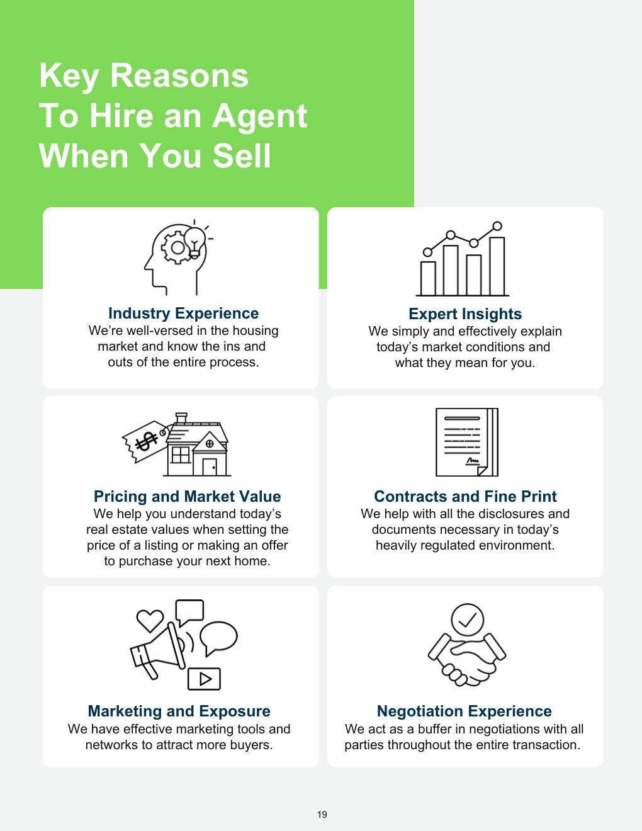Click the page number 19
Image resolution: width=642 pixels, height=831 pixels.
click(322, 814)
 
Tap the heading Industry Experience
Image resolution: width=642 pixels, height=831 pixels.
click(184, 314)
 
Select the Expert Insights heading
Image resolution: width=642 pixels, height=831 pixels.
click(465, 314)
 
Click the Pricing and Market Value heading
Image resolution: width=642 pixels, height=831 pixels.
click(188, 496)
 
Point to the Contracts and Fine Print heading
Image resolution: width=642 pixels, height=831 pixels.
click(465, 496)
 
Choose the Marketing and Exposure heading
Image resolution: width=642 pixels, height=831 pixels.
click(179, 711)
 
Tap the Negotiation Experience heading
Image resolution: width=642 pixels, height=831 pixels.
click(465, 711)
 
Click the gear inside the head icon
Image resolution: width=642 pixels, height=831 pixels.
click(177, 248)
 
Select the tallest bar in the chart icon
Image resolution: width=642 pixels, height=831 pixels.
click(497, 266)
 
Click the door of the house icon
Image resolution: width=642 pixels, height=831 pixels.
click(210, 467)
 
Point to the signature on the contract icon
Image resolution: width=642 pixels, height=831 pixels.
click(473, 461)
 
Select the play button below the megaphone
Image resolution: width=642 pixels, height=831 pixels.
click(204, 679)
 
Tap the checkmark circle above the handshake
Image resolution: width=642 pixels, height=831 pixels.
click(467, 620)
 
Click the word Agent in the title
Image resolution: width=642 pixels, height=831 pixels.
click(259, 116)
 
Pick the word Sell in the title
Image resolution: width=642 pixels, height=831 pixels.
click(242, 155)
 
